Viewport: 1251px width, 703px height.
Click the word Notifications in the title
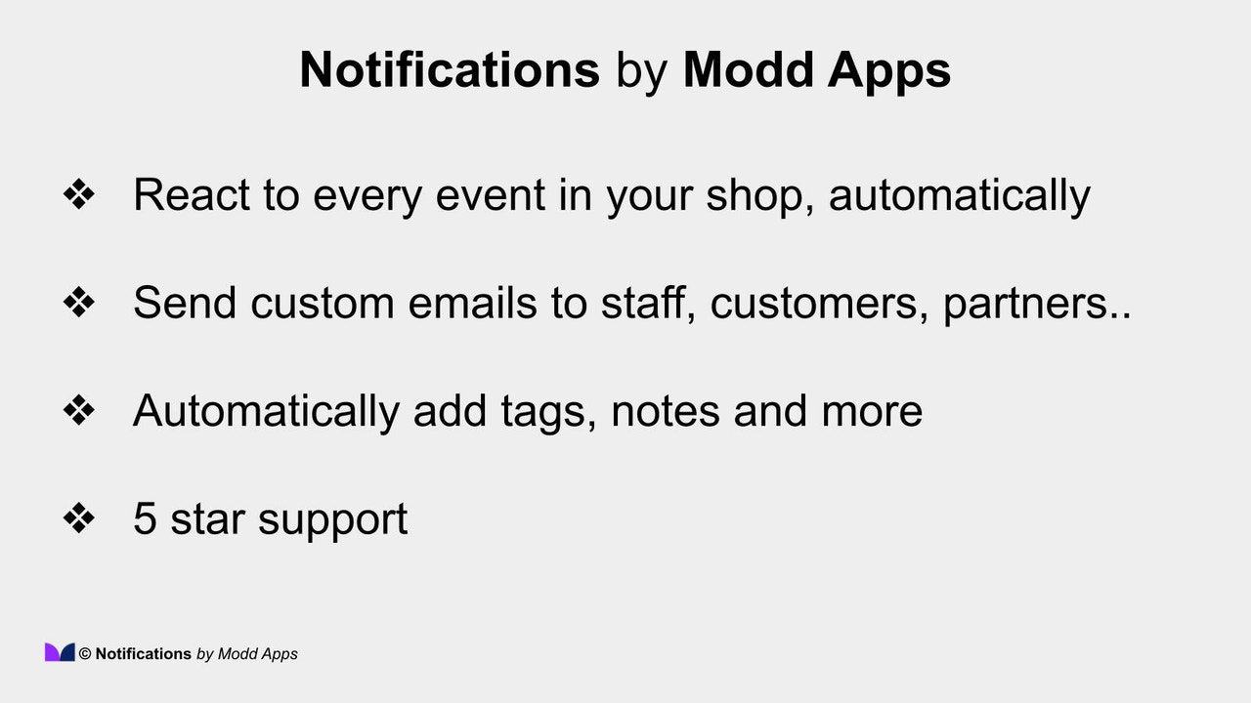pos(450,70)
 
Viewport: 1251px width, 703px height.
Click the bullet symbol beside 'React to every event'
pos(78,194)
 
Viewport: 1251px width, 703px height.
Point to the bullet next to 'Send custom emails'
pos(78,303)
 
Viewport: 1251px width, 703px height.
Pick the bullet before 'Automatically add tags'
pos(78,410)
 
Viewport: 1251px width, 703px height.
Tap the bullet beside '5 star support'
pos(78,517)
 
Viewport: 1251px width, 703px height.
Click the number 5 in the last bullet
pos(145,518)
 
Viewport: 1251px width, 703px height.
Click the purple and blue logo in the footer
pos(60,652)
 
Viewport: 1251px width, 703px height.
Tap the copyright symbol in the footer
pos(85,654)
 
